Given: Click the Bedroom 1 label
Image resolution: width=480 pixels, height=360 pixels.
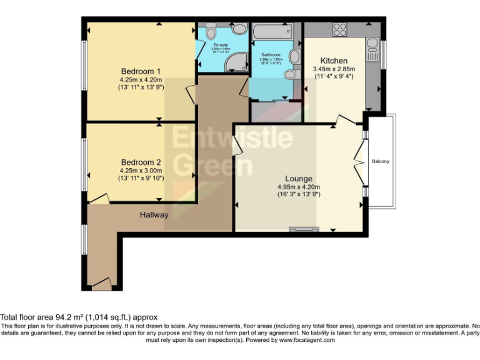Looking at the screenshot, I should pyautogui.click(x=141, y=71).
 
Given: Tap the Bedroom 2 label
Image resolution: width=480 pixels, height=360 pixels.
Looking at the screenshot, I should pyautogui.click(x=141, y=161).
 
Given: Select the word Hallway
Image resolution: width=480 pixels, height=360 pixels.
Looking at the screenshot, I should pyautogui.click(x=154, y=215).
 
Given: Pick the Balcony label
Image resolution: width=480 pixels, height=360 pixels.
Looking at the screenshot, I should pyautogui.click(x=381, y=162).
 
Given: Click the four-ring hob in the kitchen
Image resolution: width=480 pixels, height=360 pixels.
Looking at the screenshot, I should pyautogui.click(x=340, y=29).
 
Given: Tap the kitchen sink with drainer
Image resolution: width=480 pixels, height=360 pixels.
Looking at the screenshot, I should pyautogui.click(x=372, y=49).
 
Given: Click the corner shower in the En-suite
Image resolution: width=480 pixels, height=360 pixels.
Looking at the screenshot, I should pyautogui.click(x=237, y=61).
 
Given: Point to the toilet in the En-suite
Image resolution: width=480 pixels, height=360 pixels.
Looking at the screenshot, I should pyautogui.click(x=211, y=32).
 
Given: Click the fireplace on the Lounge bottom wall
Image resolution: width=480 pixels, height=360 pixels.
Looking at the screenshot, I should pyautogui.click(x=304, y=229).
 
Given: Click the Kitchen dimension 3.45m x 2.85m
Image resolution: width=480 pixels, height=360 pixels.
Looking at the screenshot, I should pyautogui.click(x=333, y=69).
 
